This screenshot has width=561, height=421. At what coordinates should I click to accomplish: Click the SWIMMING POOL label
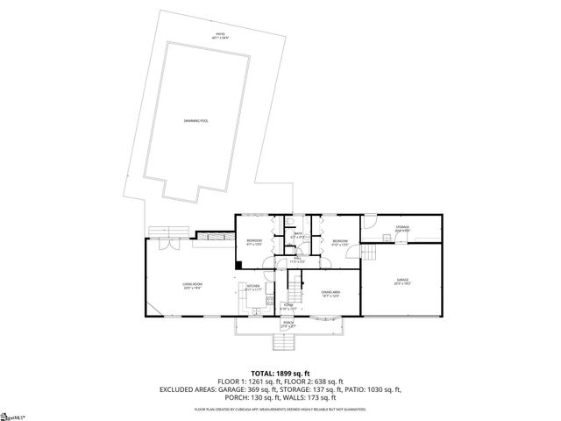pos(195,120)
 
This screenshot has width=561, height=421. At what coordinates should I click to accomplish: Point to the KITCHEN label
pos(253,287)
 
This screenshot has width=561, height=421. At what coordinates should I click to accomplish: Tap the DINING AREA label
pos(330,292)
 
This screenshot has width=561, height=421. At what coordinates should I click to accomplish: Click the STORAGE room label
pos(401,228)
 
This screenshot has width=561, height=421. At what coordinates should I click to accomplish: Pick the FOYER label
pos(288,306)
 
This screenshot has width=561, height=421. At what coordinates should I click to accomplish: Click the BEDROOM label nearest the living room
pos(254,241)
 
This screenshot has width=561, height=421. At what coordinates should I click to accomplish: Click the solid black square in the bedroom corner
pos(238,265)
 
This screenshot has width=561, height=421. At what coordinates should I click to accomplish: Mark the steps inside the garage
pos(371,253)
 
